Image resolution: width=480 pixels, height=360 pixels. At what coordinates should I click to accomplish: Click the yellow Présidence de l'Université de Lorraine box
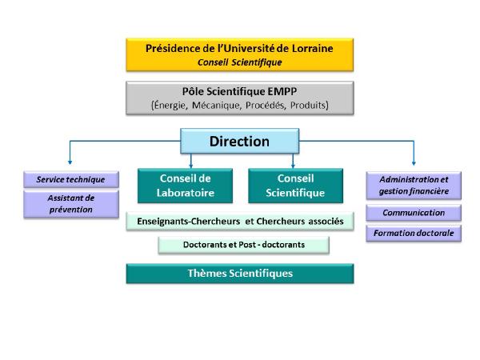click(240, 54)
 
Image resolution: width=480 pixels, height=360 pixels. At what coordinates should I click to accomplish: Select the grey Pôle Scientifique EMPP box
click(240, 98)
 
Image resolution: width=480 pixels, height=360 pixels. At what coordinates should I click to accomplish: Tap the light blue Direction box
click(239, 142)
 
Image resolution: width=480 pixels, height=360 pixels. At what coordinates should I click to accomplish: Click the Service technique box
click(70, 179)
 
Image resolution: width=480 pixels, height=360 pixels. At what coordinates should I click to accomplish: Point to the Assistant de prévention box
click(70, 203)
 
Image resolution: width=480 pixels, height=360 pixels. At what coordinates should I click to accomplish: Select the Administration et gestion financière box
click(414, 185)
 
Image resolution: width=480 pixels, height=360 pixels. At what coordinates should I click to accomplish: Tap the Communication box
click(414, 213)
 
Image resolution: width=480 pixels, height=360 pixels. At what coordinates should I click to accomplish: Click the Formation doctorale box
click(414, 234)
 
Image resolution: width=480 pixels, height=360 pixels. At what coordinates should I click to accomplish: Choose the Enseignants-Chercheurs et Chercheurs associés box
click(240, 221)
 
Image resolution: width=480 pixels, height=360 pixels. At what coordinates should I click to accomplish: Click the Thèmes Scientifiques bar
click(240, 274)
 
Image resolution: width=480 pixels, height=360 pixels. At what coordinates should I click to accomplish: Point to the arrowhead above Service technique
click(70, 162)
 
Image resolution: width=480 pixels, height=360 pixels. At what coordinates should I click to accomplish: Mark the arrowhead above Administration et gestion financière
click(414, 162)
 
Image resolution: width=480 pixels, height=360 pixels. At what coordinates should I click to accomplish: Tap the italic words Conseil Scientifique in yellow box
click(240, 61)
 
